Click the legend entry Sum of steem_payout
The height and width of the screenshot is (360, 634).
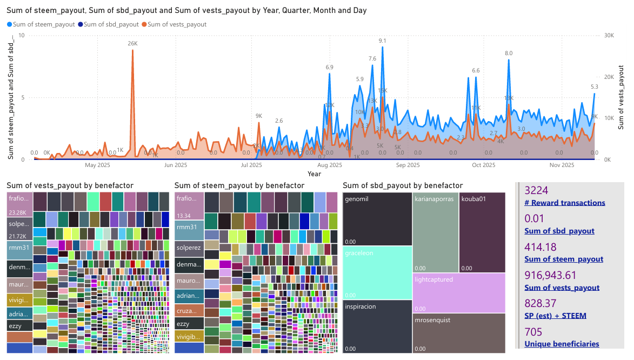coord(41,24)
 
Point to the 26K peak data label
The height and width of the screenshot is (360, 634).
coord(132,43)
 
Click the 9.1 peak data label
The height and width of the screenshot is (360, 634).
coord(383,41)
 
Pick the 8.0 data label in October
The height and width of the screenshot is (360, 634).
coord(509,53)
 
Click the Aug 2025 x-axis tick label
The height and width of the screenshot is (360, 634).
coord(330,165)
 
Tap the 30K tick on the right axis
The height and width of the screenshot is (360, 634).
coord(608,35)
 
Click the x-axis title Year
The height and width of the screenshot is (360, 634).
coord(314,174)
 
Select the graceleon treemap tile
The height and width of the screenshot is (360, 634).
coord(377,272)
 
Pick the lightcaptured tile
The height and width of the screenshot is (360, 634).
coord(458,292)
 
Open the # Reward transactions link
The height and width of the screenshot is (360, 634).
coord(565,203)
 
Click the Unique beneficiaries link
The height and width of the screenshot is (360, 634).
coord(562,344)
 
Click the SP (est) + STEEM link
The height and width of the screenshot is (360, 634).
coord(555,316)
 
